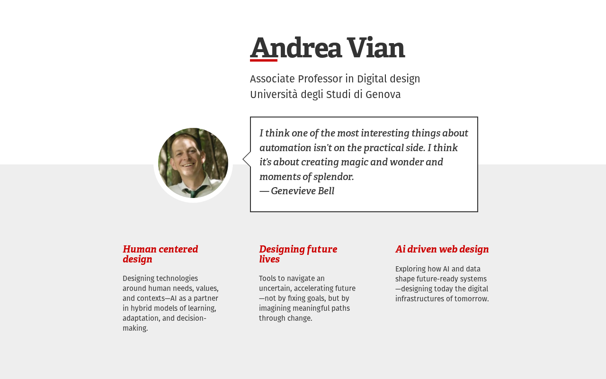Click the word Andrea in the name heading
296,48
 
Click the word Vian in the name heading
376,48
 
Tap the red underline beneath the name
264,60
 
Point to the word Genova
383,94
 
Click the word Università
274,94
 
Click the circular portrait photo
193,163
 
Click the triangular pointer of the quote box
247,159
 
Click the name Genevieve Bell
303,191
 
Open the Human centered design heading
160,254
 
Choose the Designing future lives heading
298,254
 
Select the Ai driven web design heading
442,249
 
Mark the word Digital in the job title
372,79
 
